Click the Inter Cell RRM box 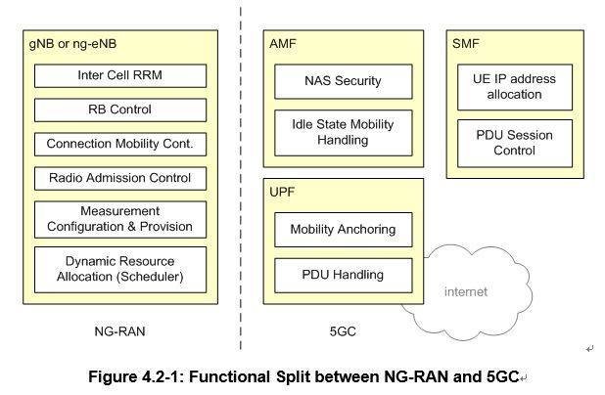119,75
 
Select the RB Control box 119,110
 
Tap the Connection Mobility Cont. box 119,144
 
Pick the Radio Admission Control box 119,178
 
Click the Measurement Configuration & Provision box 119,219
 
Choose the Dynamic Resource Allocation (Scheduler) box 119,269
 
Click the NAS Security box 343,81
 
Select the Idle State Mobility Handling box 343,132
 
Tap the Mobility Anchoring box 343,230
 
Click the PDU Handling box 343,275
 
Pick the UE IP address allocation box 513,86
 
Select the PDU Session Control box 513,143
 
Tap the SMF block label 467,44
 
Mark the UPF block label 282,193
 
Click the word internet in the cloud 465,291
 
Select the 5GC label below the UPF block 343,332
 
